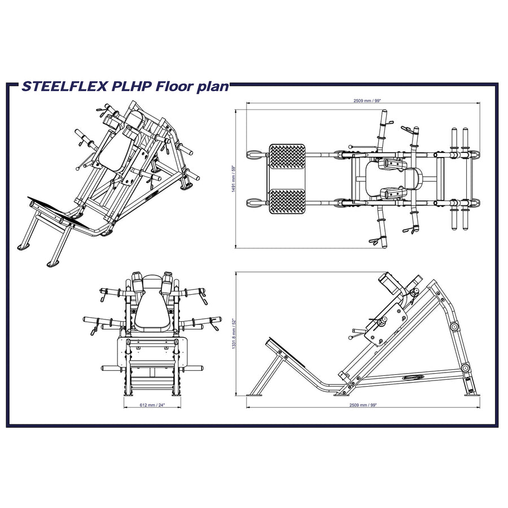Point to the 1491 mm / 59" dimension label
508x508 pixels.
click(x=233, y=179)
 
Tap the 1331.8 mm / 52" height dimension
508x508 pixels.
click(x=233, y=333)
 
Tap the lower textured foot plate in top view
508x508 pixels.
click(x=287, y=202)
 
